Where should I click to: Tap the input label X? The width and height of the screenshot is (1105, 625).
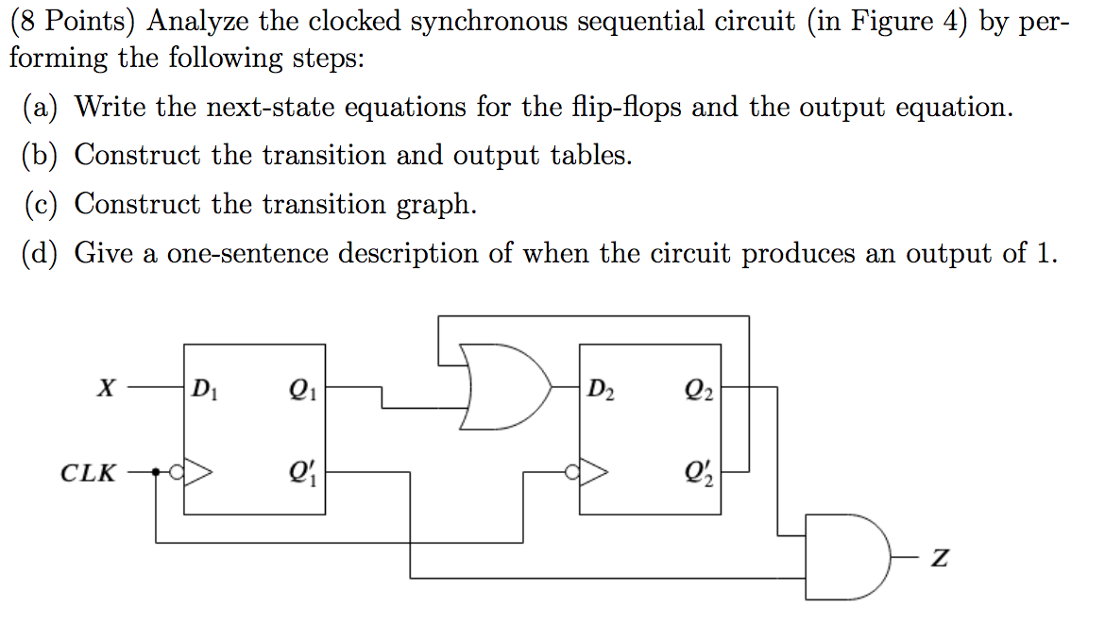110,387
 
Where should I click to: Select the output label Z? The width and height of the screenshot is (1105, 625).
938,560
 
